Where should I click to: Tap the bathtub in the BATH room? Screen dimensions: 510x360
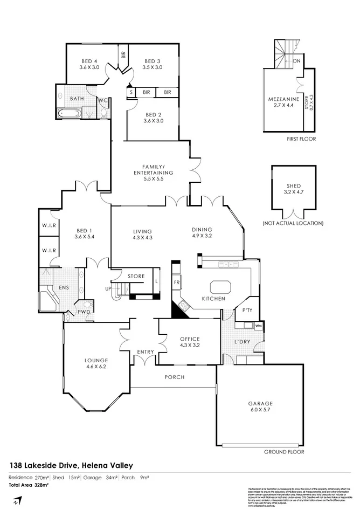pyautogui.click(x=69, y=113)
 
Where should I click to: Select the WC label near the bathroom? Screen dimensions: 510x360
pyautogui.click(x=102, y=100)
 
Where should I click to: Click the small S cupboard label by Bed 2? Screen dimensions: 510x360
pyautogui.click(x=131, y=92)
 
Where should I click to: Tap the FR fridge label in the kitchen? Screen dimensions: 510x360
pyautogui.click(x=176, y=282)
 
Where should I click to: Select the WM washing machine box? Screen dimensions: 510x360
pyautogui.click(x=259, y=326)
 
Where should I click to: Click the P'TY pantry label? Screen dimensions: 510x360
pyautogui.click(x=247, y=311)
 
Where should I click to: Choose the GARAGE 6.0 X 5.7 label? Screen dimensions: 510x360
pyautogui.click(x=260, y=406)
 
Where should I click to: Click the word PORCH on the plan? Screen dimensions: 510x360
pyautogui.click(x=174, y=377)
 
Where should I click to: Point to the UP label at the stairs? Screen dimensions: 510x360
pyautogui.click(x=108, y=288)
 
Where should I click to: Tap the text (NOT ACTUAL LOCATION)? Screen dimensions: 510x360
pyautogui.click(x=293, y=223)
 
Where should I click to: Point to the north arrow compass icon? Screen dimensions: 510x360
pyautogui.click(x=17, y=501)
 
